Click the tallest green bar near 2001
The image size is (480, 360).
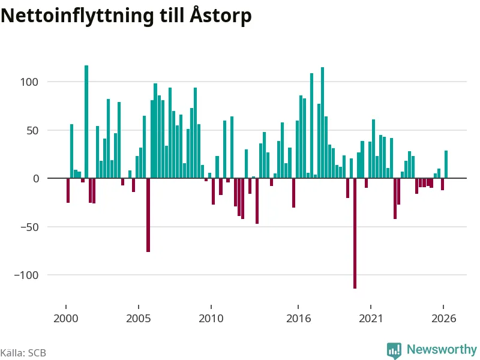coord(86,122)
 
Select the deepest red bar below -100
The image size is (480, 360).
coord(355,233)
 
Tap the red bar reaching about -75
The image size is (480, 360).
coord(148,215)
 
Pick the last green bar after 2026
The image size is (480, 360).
coord(446,164)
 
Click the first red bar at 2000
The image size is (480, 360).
coord(68,190)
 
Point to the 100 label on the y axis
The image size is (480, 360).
coord(29,82)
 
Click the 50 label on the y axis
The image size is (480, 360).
coord(32,131)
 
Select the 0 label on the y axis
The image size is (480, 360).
coord(36,179)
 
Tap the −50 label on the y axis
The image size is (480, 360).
coord(29,227)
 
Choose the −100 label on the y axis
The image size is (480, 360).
coord(26,275)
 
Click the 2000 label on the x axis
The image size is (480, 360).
coord(66,319)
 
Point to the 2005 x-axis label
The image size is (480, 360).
coord(139,319)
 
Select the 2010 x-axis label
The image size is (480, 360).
coord(211,319)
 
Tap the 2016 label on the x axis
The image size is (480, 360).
coord(298,319)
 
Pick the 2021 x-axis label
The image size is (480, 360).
coord(371,319)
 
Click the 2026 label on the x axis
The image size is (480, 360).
coord(443,319)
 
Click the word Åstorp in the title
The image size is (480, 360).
coord(220,16)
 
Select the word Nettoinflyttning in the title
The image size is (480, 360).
coord(77,16)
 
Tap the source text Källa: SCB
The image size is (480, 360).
coord(23,353)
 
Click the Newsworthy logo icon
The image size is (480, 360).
coord(394,350)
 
